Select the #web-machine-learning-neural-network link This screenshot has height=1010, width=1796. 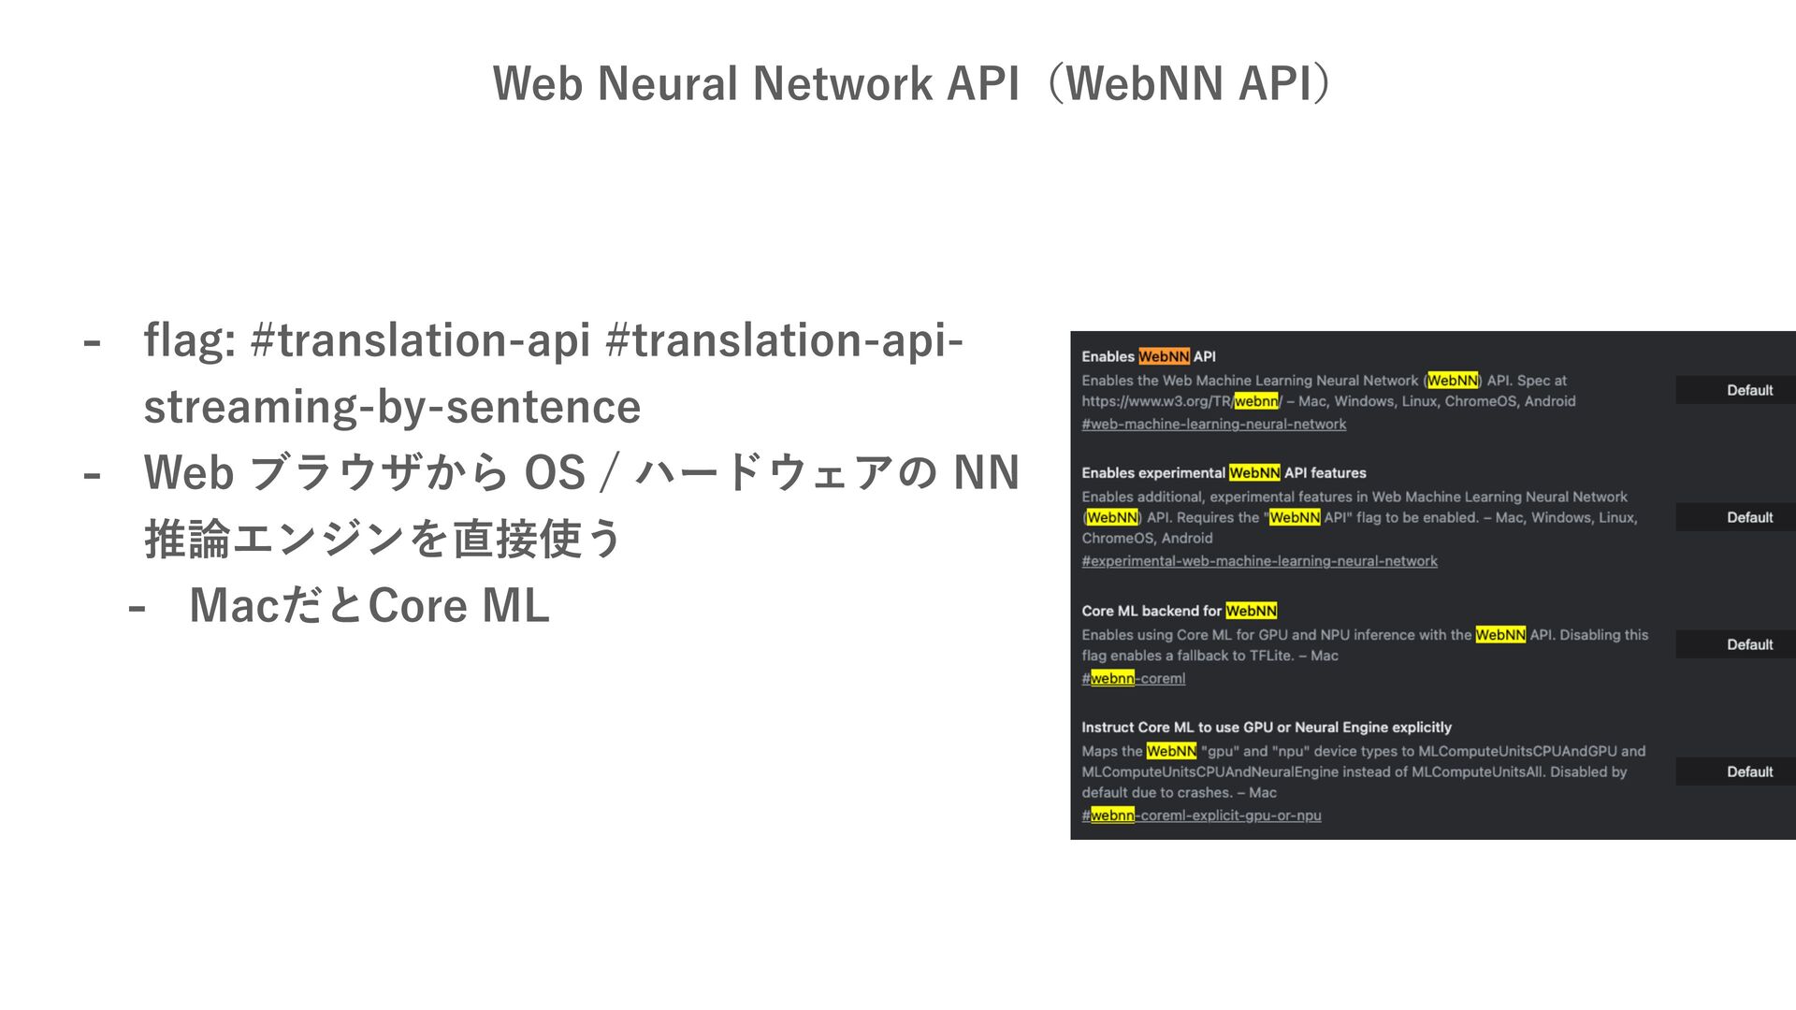point(1213,425)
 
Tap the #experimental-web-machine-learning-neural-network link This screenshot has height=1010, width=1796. point(1259,561)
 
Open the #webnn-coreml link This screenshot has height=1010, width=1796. point(1133,679)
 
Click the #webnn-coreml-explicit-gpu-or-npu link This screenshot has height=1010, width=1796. point(1201,815)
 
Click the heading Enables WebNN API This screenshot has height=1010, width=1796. point(1148,356)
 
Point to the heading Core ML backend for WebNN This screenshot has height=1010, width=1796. point(1179,612)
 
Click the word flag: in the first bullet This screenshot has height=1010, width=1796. point(189,340)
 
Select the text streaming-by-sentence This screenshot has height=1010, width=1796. point(392,407)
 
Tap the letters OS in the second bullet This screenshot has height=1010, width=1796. point(555,472)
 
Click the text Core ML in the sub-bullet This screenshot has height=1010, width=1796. point(458,606)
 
